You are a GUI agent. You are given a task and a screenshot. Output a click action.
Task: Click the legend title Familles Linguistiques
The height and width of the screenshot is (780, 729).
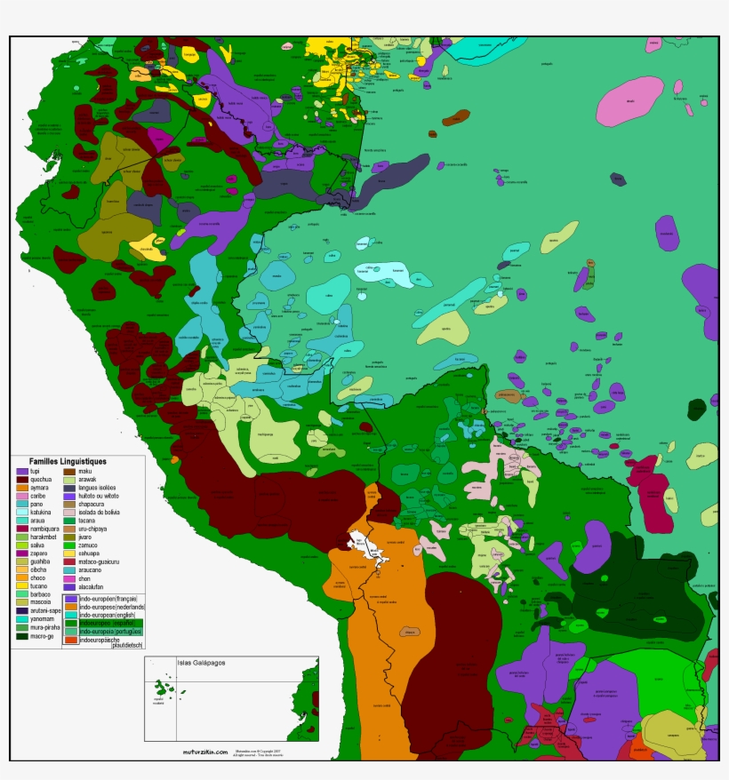point(68,462)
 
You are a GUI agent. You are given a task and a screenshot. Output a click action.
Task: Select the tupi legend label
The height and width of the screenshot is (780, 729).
point(36,471)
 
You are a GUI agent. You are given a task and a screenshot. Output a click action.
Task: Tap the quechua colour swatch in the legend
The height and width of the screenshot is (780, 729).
point(22,480)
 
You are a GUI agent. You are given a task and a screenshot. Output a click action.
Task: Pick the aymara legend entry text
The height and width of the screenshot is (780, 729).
point(40,488)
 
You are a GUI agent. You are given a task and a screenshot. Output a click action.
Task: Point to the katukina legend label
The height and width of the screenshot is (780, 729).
point(43,513)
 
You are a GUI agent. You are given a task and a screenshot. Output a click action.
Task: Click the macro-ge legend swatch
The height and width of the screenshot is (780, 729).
point(22,636)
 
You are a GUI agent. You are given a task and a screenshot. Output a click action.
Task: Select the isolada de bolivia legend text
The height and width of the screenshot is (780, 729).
point(104,513)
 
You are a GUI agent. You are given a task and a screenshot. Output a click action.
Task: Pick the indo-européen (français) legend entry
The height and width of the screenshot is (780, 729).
point(111,600)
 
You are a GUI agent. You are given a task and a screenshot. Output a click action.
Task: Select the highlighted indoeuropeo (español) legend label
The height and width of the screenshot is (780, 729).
point(111,624)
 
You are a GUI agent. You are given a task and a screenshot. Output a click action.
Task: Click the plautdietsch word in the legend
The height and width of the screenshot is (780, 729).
point(127,646)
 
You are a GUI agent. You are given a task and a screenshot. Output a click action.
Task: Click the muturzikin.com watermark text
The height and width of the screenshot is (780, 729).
point(204,750)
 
